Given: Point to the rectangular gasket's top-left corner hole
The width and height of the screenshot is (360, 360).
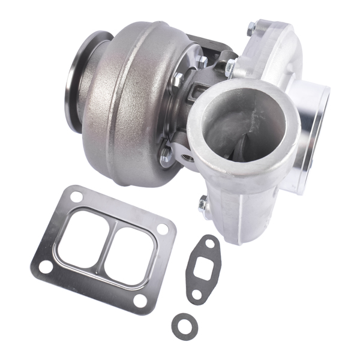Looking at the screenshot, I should (x=76, y=197).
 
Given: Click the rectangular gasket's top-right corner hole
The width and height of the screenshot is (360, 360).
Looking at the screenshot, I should (x=162, y=229).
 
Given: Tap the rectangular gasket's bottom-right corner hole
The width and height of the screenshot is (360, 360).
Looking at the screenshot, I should (x=139, y=301).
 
